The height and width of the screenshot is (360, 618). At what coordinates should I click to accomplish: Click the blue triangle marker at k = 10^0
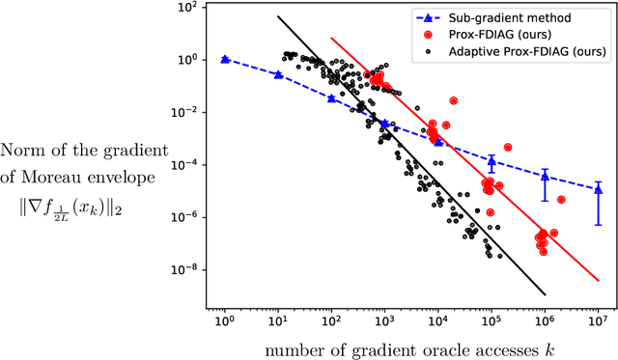coord(225,59)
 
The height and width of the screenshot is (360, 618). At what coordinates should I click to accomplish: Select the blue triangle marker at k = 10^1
coord(278,74)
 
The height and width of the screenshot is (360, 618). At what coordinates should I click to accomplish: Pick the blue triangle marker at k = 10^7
coord(599,189)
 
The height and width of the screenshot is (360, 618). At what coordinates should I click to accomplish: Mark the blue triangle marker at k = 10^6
coord(545,176)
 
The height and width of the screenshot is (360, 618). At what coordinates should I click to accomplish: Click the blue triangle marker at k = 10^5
coord(492,160)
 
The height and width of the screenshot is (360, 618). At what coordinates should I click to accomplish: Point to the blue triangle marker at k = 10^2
coord(331,97)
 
